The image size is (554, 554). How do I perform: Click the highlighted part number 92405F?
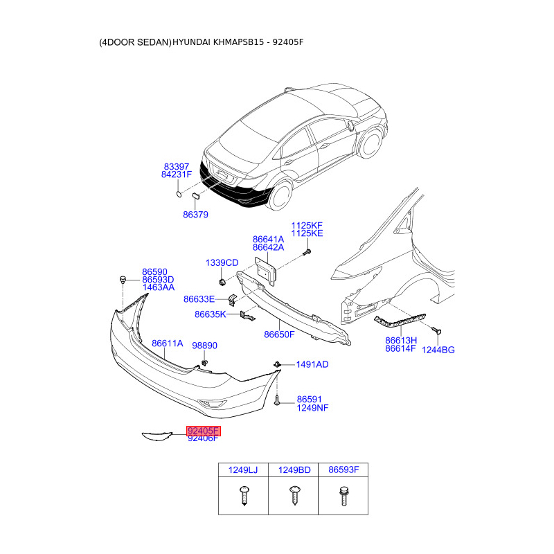203,431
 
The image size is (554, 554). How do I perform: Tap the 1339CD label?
222,263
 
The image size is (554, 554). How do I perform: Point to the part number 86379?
195,215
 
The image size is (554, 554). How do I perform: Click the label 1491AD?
312,364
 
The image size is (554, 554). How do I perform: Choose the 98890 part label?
204,345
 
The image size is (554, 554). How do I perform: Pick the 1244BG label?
438,350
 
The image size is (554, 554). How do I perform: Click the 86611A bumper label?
167,343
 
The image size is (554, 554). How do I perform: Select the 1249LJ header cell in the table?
242,470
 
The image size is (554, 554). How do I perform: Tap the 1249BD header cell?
294,470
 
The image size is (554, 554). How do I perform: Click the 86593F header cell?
343,470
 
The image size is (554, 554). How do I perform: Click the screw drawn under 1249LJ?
242,496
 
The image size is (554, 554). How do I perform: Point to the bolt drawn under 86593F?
343,496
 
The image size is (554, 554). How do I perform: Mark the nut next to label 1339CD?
222,283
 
